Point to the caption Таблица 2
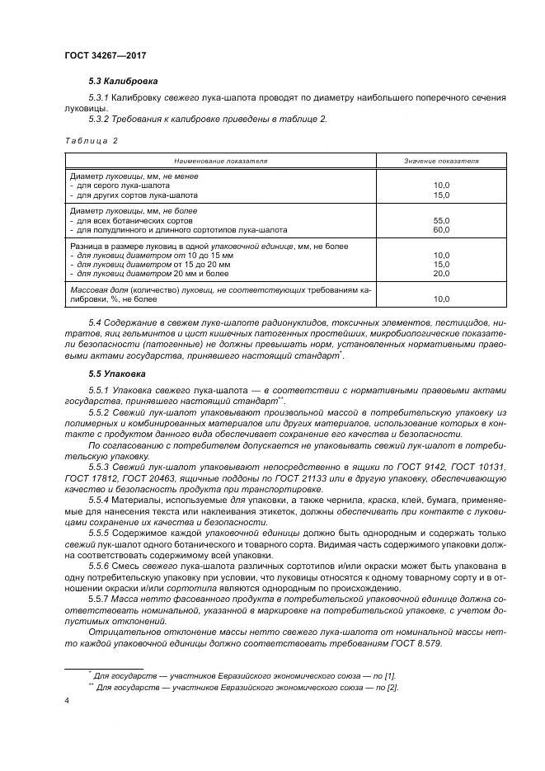91,140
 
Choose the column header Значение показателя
441,161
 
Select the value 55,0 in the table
441,221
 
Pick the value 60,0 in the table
441,231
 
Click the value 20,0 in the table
441,274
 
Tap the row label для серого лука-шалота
128,186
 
